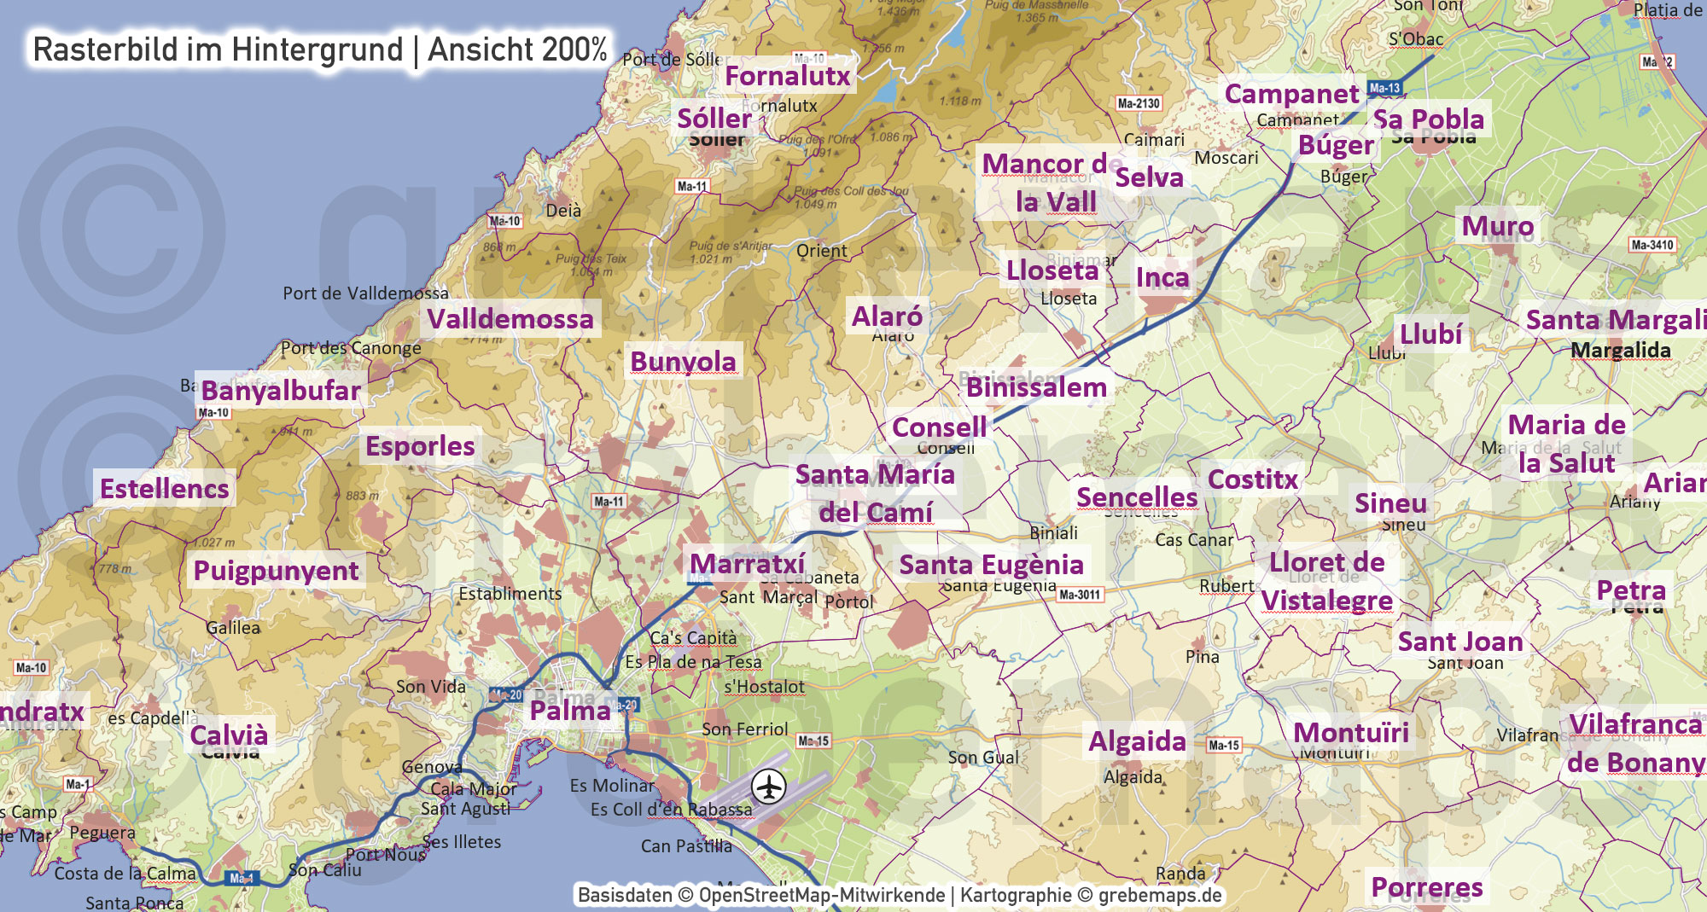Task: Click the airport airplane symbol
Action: coord(769,786)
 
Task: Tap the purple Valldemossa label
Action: coord(510,319)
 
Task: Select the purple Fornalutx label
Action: coord(788,76)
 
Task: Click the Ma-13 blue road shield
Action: coord(1384,88)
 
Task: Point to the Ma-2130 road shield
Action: coord(1139,103)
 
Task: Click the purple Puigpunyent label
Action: coord(276,571)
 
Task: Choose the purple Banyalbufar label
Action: coord(281,391)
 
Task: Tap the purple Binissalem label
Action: coord(1036,387)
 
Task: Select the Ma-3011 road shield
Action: coord(1080,595)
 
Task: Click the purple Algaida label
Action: coord(1137,741)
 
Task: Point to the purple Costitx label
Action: coord(1253,479)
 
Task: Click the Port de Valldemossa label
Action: coord(365,293)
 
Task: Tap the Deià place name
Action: coord(563,211)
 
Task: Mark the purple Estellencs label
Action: coord(165,489)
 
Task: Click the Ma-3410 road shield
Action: coord(1652,245)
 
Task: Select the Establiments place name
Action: coord(510,594)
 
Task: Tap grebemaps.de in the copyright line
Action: coord(1160,895)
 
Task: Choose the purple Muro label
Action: coord(1497,226)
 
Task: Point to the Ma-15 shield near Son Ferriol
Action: coord(813,741)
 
